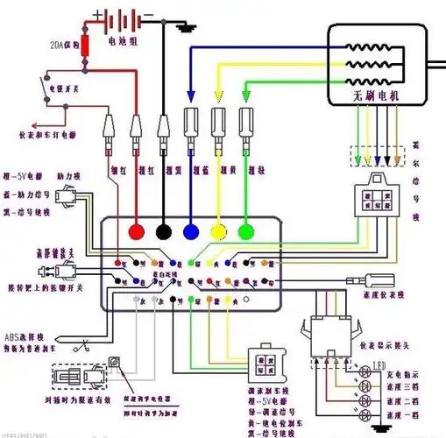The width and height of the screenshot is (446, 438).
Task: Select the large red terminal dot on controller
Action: coord(137,232)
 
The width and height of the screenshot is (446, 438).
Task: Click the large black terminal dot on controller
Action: coord(164,232)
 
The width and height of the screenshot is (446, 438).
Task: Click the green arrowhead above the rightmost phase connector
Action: coord(248,100)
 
